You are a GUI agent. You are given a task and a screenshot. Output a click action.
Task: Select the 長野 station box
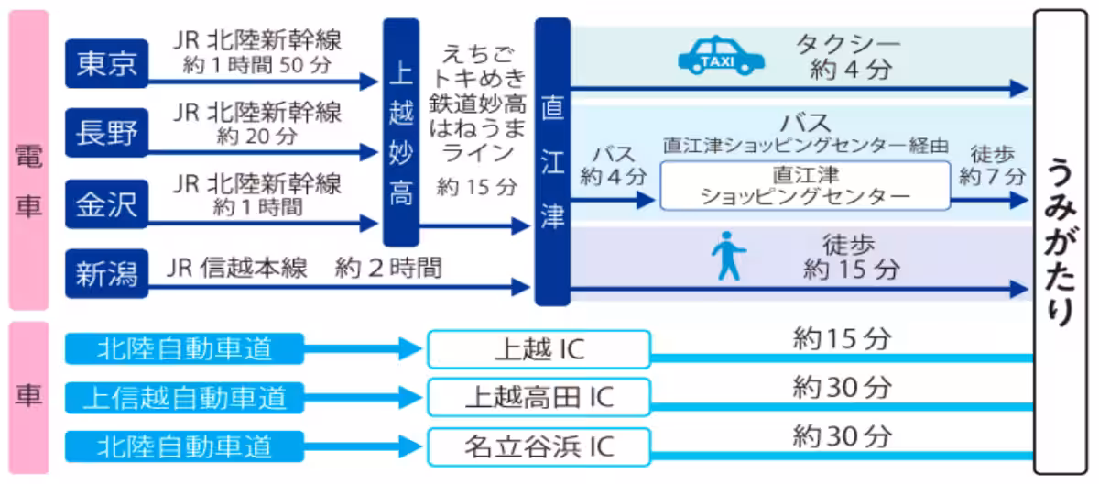tap(106, 134)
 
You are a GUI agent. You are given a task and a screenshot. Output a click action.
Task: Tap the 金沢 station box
tap(106, 204)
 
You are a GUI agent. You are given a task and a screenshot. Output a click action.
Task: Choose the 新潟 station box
tap(106, 273)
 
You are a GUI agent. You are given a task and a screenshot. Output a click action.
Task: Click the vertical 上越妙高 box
tap(400, 134)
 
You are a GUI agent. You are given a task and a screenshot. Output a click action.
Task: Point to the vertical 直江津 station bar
tap(552, 161)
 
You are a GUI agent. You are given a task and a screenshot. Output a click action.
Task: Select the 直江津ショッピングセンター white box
tap(805, 185)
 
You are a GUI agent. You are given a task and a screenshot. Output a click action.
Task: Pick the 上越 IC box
tap(539, 349)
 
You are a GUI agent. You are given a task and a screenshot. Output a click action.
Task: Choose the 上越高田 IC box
tap(539, 397)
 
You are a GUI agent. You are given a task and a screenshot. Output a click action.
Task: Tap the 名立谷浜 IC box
tap(539, 446)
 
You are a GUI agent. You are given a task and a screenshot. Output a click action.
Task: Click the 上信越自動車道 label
tap(184, 397)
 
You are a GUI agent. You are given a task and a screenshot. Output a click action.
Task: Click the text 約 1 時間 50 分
tap(257, 65)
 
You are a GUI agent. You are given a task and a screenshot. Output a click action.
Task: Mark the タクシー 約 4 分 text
tap(849, 57)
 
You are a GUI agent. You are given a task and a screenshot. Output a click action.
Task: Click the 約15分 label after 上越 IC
tap(841, 339)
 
